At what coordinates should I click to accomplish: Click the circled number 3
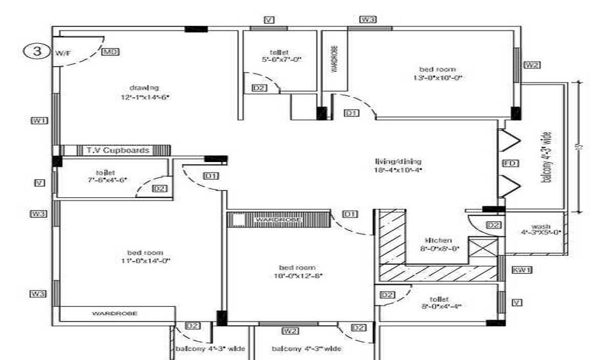pos(36,52)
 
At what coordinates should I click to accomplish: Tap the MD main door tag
pos(110,52)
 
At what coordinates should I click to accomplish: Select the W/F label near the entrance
pos(63,53)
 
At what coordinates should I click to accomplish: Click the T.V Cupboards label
pos(118,150)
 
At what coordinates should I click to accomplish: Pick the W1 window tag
pos(39,121)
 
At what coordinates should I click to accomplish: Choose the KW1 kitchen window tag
pos(521,271)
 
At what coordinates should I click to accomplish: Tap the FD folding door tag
pos(508,163)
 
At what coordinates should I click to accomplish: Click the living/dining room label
pos(398,161)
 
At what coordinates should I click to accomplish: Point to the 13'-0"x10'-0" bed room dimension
pos(438,78)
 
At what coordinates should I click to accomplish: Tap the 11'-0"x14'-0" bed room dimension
pos(146,261)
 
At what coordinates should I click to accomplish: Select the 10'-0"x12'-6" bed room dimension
pos(297,276)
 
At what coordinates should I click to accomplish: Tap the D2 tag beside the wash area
pos(493,225)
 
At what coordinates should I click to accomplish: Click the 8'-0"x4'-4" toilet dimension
pos(440,306)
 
